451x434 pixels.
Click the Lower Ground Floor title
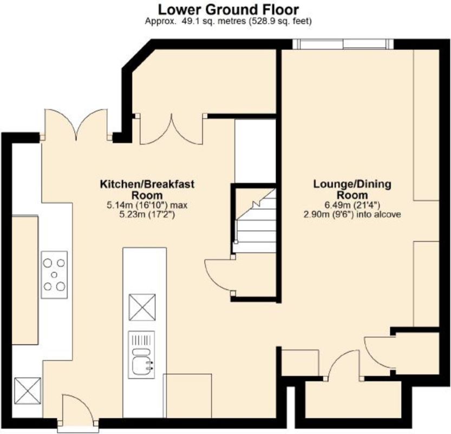tap(228, 10)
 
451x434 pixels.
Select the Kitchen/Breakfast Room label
tap(147, 189)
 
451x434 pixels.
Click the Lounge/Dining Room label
tap(352, 189)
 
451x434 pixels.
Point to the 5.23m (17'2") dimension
tap(141, 215)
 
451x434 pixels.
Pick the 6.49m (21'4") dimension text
tap(352, 205)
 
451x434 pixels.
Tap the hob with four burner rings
tap(54, 275)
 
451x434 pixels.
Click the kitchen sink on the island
tap(141, 355)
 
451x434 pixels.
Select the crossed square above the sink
tap(142, 307)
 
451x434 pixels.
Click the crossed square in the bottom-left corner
tap(28, 391)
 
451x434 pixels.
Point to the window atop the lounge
tap(343, 44)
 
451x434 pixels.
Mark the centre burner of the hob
tap(54, 275)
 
